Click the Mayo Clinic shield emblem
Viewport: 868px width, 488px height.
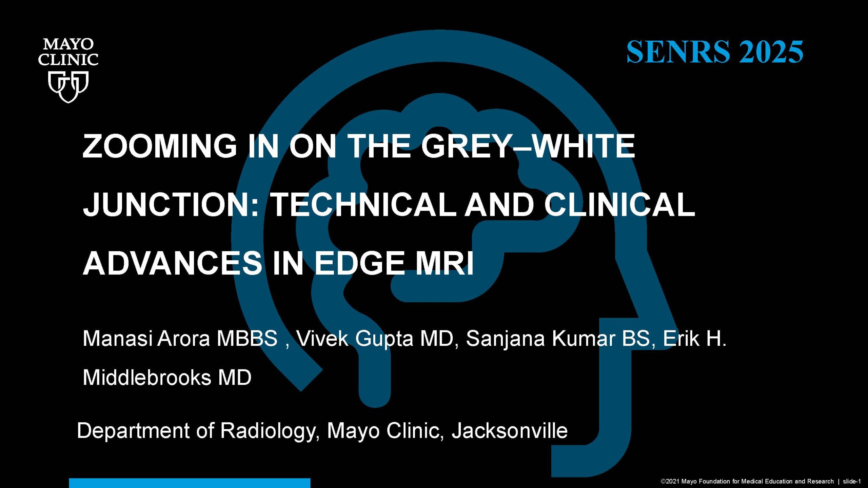click(68, 87)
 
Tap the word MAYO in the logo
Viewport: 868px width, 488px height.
click(68, 44)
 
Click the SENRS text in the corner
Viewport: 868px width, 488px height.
click(678, 52)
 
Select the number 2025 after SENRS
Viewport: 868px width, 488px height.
click(771, 52)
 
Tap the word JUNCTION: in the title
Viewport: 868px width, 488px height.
click(171, 205)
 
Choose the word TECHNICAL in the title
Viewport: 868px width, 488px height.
click(364, 205)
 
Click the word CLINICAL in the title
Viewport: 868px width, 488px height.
click(619, 205)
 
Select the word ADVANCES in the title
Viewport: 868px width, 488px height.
click(173, 263)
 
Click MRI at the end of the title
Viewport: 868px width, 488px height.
click(445, 263)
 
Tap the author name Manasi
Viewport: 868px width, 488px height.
click(117, 338)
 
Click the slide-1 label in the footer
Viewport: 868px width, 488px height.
click(852, 481)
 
